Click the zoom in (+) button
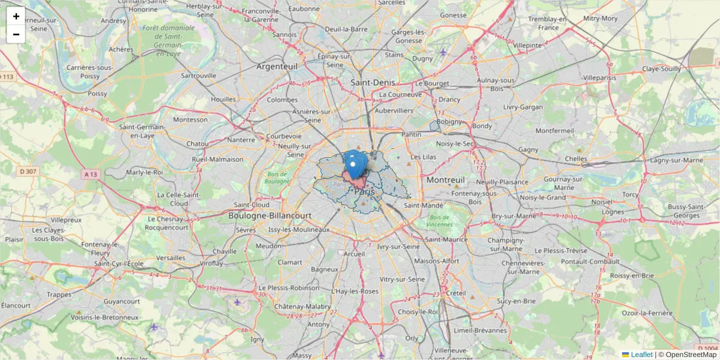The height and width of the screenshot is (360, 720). (x=16, y=16)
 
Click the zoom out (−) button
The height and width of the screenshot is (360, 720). (x=16, y=34)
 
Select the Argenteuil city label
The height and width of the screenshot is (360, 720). (x=277, y=66)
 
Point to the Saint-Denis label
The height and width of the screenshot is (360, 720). (x=372, y=82)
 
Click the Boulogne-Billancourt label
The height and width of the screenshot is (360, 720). (x=270, y=215)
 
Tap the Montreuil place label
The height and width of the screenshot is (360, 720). (x=446, y=180)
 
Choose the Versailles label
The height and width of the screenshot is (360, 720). (x=170, y=257)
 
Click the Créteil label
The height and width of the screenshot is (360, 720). (x=456, y=293)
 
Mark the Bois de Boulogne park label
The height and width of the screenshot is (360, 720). (x=277, y=178)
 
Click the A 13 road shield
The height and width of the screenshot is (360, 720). (x=91, y=173)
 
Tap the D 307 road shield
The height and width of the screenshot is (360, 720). (x=28, y=172)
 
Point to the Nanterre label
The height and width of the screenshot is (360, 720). (x=241, y=140)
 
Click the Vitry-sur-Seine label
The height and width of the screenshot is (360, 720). (x=403, y=279)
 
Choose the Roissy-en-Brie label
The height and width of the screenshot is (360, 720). (x=631, y=275)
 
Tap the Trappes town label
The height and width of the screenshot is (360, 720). (x=59, y=294)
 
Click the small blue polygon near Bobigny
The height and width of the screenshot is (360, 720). (x=435, y=125)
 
